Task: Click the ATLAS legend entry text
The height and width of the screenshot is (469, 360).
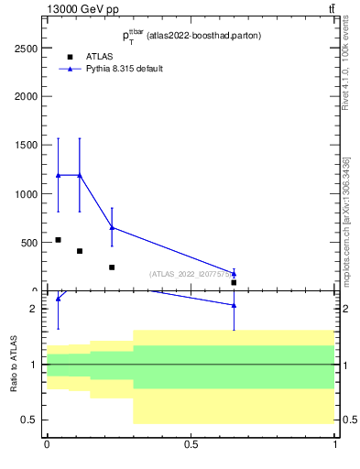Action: click(x=99, y=56)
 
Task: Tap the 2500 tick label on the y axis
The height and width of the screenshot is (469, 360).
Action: click(x=25, y=47)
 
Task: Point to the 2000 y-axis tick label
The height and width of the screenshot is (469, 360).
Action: click(x=25, y=96)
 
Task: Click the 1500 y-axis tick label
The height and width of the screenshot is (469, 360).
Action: click(x=25, y=145)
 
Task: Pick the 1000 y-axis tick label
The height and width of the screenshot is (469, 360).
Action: click(x=25, y=194)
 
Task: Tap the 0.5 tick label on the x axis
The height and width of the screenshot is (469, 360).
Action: click(x=191, y=444)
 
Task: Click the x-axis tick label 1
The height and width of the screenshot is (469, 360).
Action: click(x=335, y=444)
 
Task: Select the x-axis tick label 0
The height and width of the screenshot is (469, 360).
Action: click(x=47, y=444)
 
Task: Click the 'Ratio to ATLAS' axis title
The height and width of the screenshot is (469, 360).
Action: click(x=15, y=365)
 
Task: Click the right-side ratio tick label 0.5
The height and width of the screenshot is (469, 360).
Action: click(x=348, y=420)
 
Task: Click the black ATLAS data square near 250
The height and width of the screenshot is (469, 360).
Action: click(x=112, y=267)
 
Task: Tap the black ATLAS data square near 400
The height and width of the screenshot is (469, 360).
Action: click(x=80, y=251)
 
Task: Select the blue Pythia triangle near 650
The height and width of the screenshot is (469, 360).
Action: click(x=112, y=227)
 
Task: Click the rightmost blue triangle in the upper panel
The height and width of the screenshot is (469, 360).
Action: click(x=235, y=273)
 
